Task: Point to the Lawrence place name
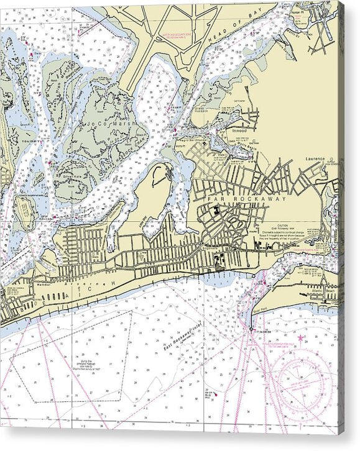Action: [315, 159]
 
